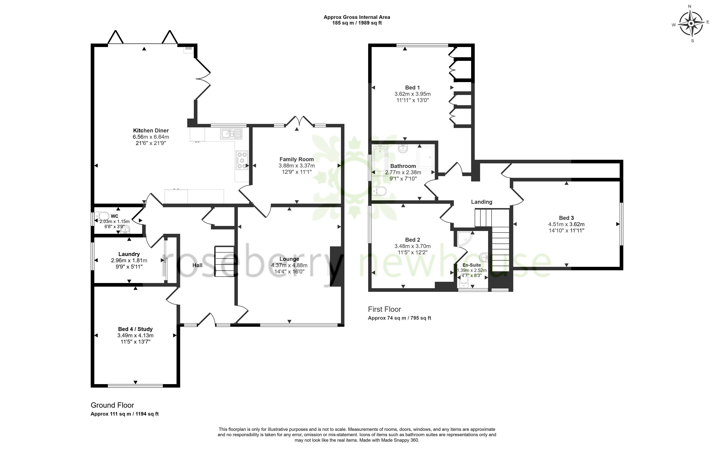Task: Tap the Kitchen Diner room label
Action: coord(151,131)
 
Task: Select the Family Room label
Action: coord(296,159)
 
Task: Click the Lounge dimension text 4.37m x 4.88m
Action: coord(289,265)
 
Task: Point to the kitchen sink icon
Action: coord(231,133)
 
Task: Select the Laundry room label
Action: coord(129,254)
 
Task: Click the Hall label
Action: coord(197,265)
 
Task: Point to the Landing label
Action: coord(482,202)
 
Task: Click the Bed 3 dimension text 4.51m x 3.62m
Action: coord(566,224)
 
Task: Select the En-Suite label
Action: coord(471,265)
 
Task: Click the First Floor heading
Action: coord(384,309)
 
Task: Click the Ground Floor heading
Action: coord(112,405)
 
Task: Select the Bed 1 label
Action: coord(412,88)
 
